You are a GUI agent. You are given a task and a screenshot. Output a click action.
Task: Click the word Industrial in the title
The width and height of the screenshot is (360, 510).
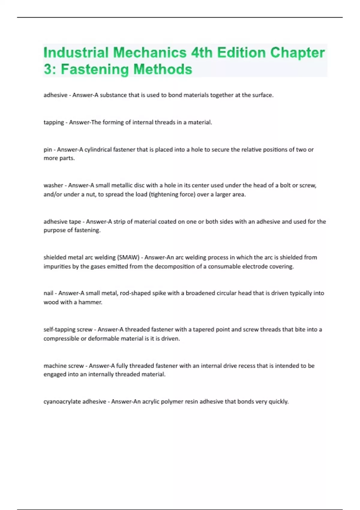coord(76,52)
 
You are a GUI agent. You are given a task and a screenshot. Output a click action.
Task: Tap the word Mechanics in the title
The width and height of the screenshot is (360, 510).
coord(150,52)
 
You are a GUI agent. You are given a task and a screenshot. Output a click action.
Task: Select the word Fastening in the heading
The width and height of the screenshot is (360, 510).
coord(94,69)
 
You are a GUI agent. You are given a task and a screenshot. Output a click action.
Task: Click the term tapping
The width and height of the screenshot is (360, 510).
coord(54,122)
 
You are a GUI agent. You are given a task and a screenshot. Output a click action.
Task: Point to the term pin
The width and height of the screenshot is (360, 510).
coord(48,149)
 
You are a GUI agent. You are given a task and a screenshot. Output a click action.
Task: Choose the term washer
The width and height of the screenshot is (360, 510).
coord(53,185)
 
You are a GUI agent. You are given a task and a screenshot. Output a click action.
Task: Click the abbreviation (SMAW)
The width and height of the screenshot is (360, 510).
coord(128,257)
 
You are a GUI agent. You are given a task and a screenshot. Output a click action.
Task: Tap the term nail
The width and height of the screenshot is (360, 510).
coord(48,293)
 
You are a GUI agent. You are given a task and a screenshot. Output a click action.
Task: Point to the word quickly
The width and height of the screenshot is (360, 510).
coord(278,401)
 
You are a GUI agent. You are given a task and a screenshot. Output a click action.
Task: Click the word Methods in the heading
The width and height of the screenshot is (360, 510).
coord(163,69)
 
